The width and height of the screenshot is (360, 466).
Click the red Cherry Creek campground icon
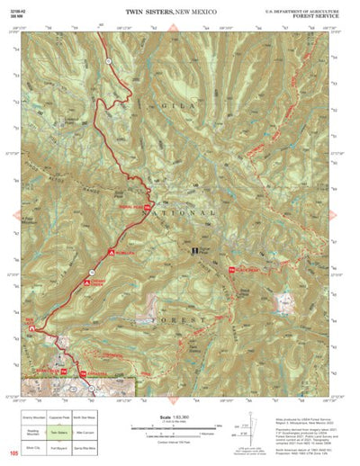[87, 282]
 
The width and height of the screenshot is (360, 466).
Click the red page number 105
[12, 453]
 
